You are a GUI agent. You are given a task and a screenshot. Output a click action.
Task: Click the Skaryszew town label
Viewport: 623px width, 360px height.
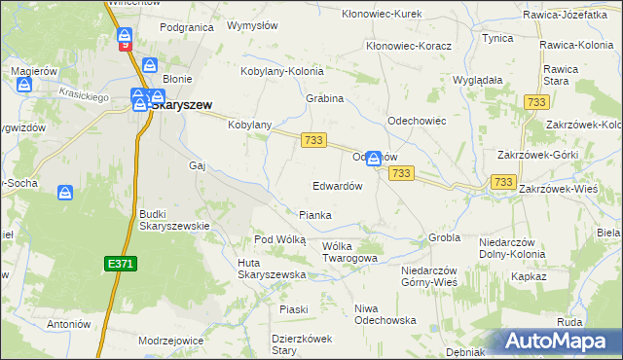pyautogui.click(x=179, y=104)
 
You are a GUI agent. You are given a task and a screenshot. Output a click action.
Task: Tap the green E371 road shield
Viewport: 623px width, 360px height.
pyautogui.click(x=120, y=263)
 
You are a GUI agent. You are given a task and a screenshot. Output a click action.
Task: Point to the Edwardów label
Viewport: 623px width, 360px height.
pyautogui.click(x=337, y=185)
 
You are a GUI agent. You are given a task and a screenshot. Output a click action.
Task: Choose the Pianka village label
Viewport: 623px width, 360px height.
pyautogui.click(x=314, y=215)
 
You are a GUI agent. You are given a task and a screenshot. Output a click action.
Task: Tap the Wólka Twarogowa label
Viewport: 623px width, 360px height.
pyautogui.click(x=349, y=252)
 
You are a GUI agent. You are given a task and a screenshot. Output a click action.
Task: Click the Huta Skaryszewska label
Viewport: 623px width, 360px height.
pyautogui.click(x=273, y=269)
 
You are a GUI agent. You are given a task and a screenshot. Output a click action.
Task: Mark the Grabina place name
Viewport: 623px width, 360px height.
pyautogui.click(x=325, y=99)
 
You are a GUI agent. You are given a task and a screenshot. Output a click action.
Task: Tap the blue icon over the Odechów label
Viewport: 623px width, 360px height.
pyautogui.click(x=373, y=157)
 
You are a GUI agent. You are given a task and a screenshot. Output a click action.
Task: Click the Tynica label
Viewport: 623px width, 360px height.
pyautogui.click(x=497, y=38)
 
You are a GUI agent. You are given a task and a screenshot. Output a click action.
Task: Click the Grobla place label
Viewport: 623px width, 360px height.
pyautogui.click(x=444, y=237)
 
